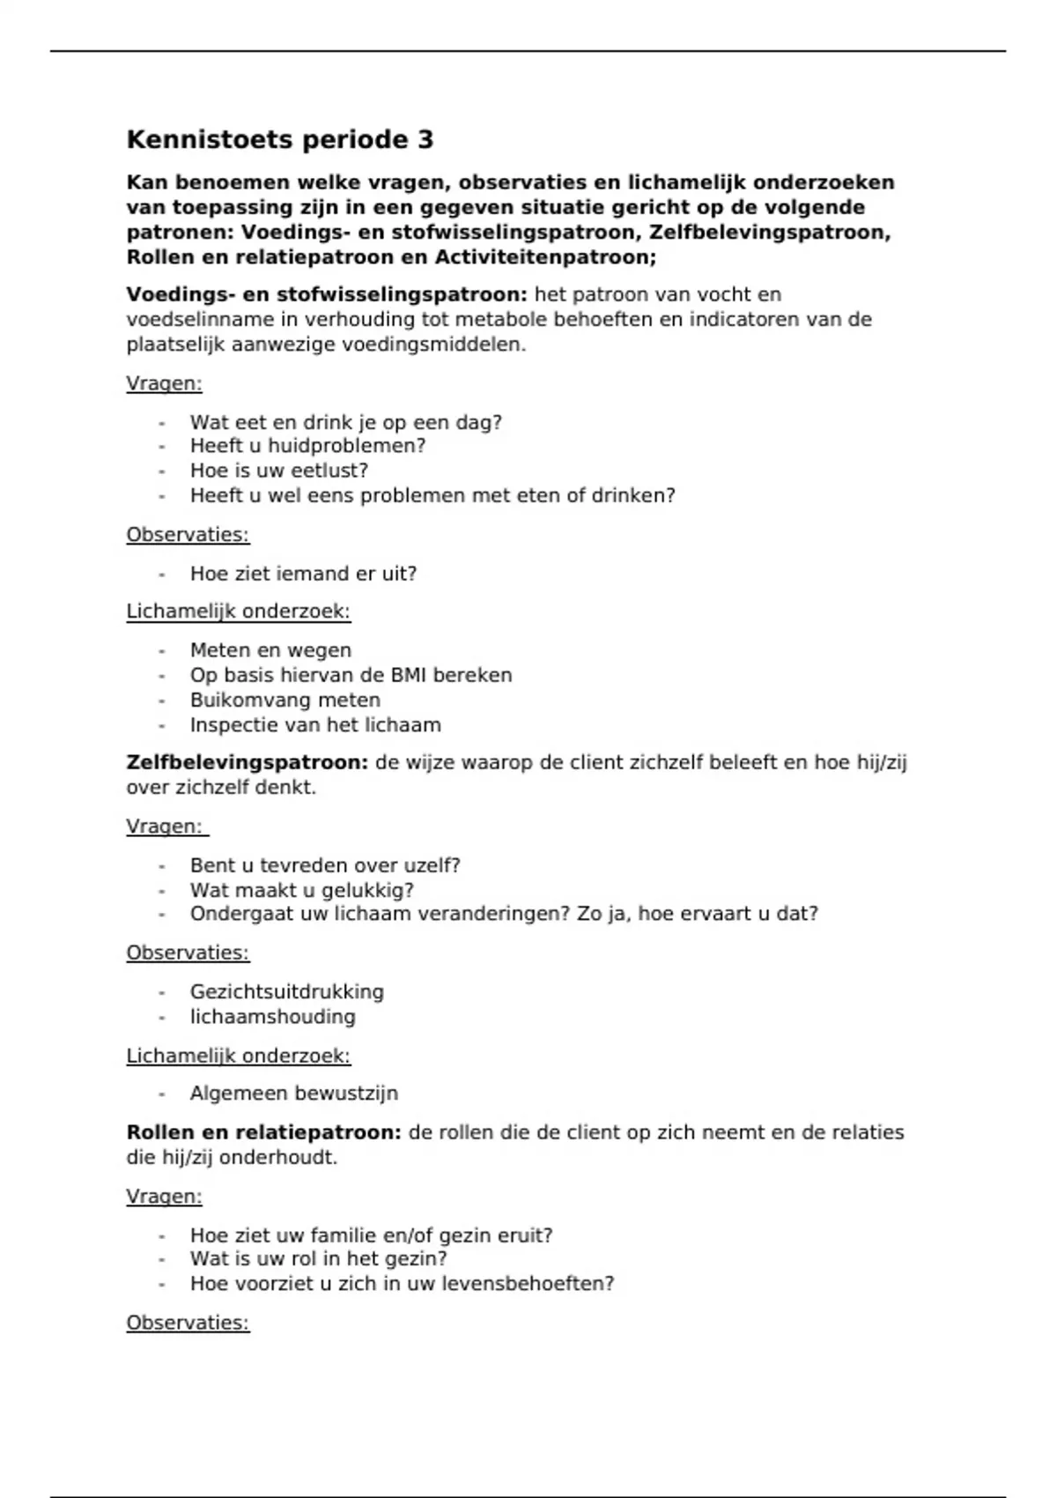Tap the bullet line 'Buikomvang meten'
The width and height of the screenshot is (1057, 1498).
coord(285,701)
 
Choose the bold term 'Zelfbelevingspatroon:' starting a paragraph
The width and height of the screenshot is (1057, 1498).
coord(248,762)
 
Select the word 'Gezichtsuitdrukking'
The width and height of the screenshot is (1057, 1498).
coord(287,992)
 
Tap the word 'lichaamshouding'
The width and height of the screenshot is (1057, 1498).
coord(273,1017)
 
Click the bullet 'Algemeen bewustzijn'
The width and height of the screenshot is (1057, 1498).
coord(294,1094)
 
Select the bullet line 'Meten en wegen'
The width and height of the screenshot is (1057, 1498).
coord(270,650)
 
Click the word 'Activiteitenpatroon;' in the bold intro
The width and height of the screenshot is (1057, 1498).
coord(545,257)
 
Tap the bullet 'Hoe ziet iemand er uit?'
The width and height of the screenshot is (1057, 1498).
coord(303,574)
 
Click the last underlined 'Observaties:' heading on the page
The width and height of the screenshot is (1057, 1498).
coord(188,1323)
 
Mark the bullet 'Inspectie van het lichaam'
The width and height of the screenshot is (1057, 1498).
coord(315,725)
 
